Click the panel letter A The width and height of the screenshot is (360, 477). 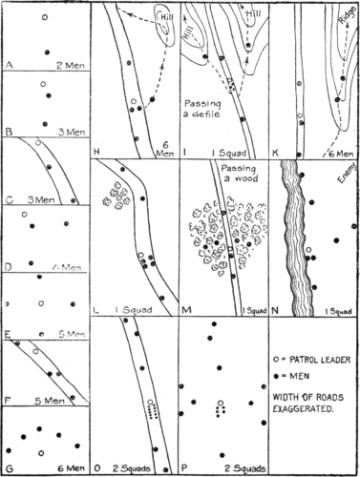pyautogui.click(x=10, y=67)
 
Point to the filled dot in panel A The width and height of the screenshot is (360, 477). pyautogui.click(x=45, y=52)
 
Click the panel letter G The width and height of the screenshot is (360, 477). pyautogui.click(x=10, y=468)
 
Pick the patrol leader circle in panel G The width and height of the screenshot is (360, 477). pyautogui.click(x=41, y=453)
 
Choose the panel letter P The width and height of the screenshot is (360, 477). pyautogui.click(x=186, y=468)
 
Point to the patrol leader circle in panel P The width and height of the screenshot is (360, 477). pyautogui.click(x=221, y=404)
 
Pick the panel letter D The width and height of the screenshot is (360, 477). pyautogui.click(x=10, y=268)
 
